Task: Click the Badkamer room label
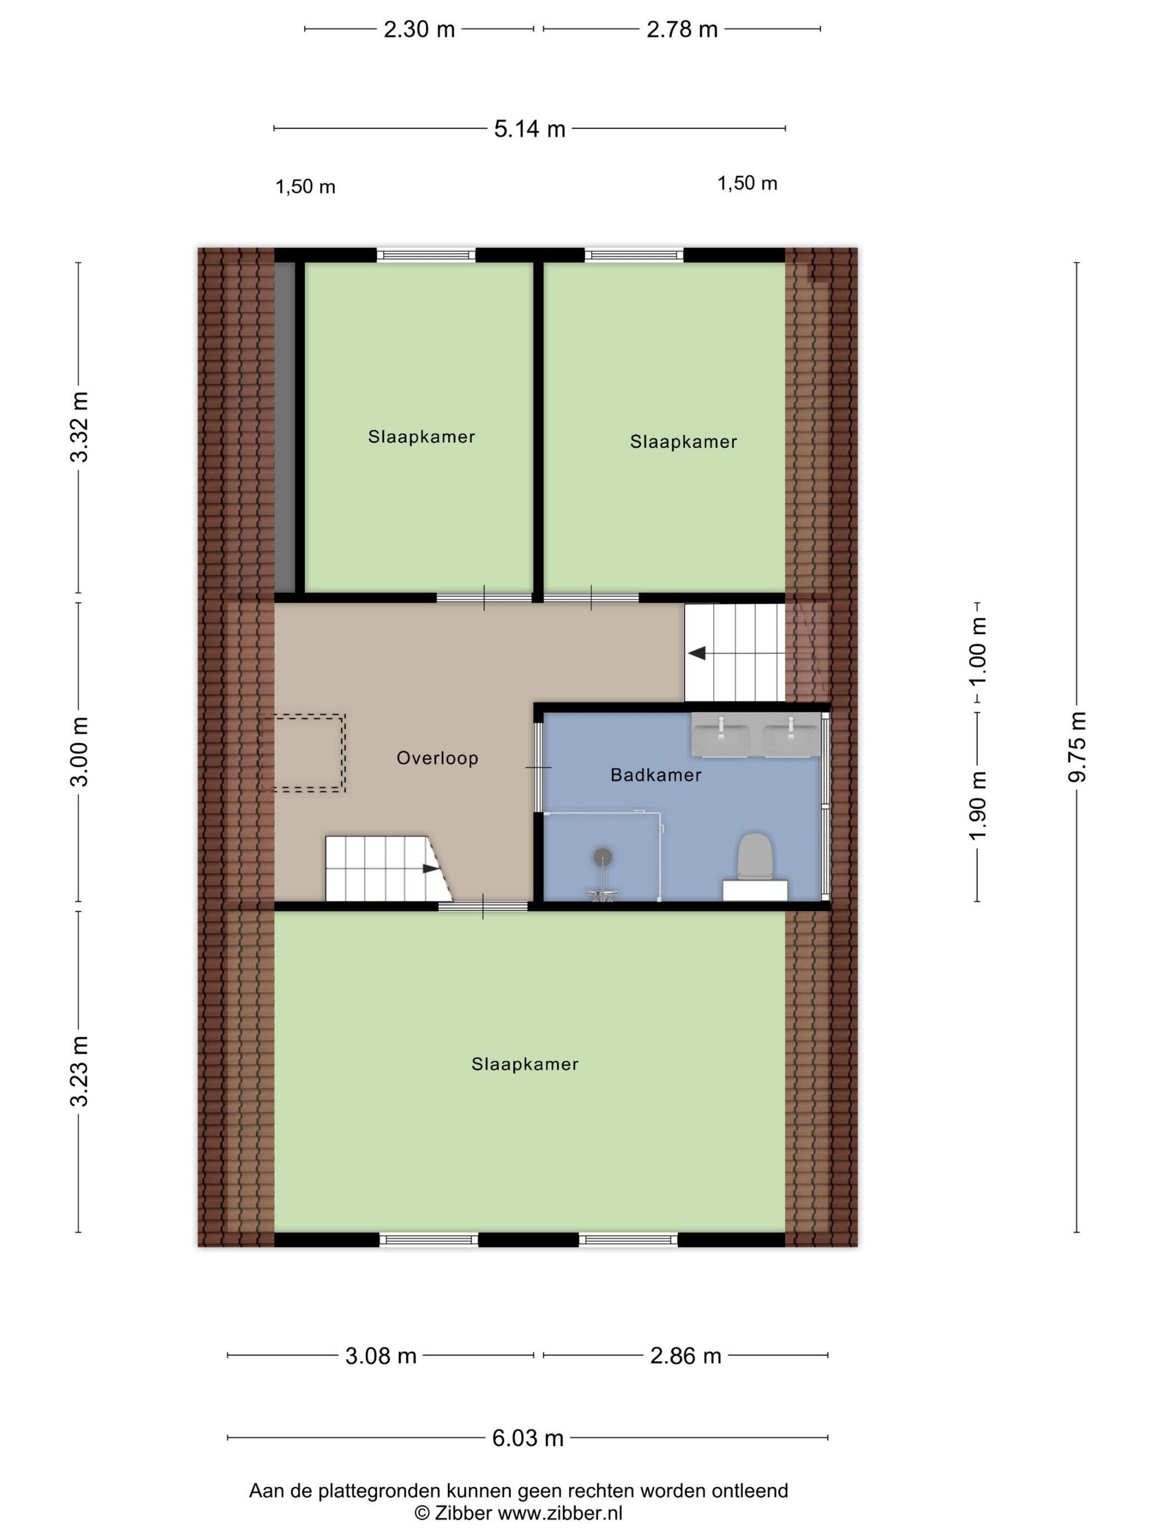click(x=655, y=774)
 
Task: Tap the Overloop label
click(x=437, y=757)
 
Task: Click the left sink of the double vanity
click(x=721, y=735)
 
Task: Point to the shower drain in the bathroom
click(x=602, y=856)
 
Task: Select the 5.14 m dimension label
click(x=529, y=129)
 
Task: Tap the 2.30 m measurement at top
click(x=419, y=29)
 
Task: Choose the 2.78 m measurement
click(x=681, y=29)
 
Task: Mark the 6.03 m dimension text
click(x=527, y=1434)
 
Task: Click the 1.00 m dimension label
click(x=978, y=650)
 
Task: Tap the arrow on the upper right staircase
click(x=697, y=653)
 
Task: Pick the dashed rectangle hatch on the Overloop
click(x=302, y=752)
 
